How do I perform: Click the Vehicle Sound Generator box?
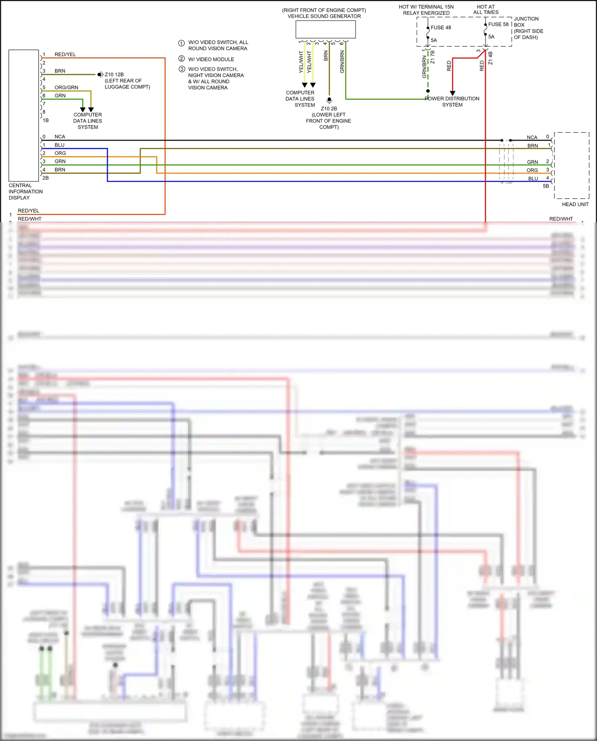(x=325, y=29)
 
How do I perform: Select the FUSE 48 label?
(x=441, y=27)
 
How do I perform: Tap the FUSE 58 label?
(x=498, y=24)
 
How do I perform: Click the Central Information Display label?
(x=25, y=192)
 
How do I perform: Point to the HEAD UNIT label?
(x=575, y=204)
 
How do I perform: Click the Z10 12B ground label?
(x=114, y=74)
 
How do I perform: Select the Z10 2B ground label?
(x=329, y=108)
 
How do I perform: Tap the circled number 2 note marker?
(x=181, y=59)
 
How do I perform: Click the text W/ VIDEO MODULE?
(x=211, y=59)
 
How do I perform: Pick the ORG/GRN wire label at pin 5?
(x=66, y=87)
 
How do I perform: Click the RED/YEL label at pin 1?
(x=65, y=54)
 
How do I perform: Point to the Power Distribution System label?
(x=452, y=102)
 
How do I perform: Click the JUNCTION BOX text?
(x=526, y=22)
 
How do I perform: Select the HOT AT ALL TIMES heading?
(x=486, y=10)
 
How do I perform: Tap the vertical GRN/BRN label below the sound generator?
(x=342, y=62)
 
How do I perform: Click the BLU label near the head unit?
(x=533, y=179)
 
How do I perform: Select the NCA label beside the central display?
(x=60, y=137)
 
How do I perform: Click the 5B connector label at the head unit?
(x=546, y=186)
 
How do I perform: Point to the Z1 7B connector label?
(x=433, y=57)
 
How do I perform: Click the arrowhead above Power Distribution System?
(x=452, y=93)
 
